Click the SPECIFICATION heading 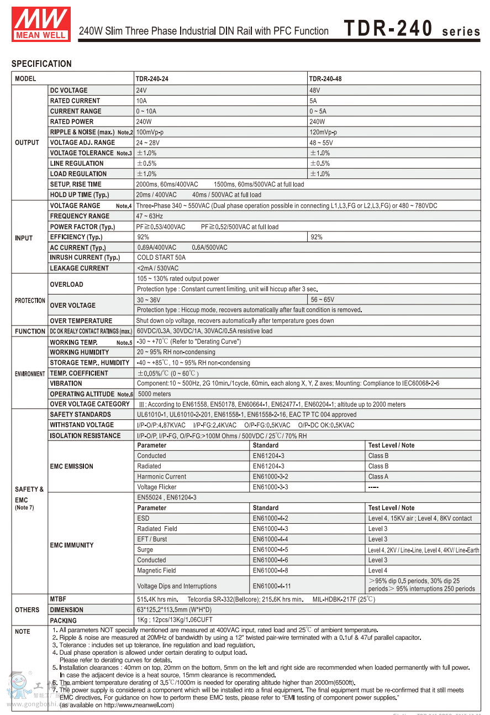tap(41, 64)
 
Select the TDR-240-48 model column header tap(325, 79)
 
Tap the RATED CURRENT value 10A tap(141, 101)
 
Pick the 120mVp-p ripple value tap(323, 132)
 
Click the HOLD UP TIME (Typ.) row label tap(80, 194)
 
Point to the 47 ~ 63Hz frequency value tap(150, 216)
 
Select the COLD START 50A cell tap(161, 257)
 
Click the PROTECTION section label tap(30, 301)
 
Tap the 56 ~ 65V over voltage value tap(322, 299)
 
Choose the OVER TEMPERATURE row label tap(81, 320)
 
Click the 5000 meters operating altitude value tap(155, 394)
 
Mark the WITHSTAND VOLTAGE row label tap(82, 425)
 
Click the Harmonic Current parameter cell tap(162, 476)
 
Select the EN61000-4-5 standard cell tap(270, 550)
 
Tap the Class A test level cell tap(378, 476)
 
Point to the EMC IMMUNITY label tap(72, 545)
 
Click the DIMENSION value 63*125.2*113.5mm tap(174, 609)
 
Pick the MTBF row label tap(58, 599)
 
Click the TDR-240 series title tap(412, 30)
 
